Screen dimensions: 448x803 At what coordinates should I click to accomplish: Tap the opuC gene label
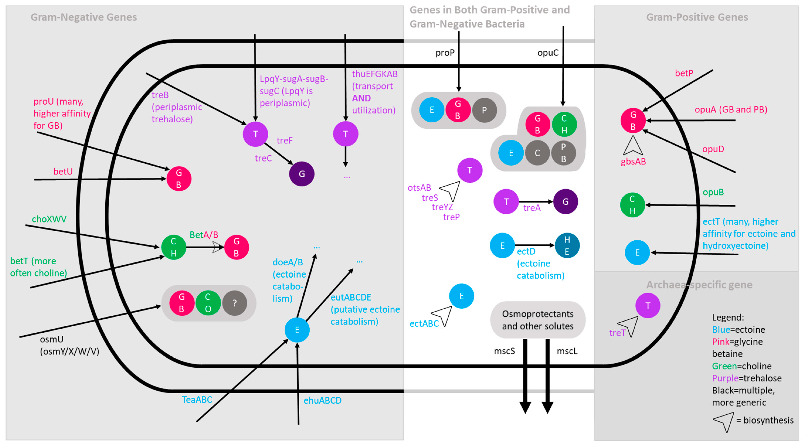[548, 53]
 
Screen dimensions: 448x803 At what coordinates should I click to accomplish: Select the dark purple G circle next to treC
[301, 174]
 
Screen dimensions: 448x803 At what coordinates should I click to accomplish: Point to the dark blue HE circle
[567, 245]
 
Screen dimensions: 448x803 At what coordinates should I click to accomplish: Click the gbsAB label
[633, 162]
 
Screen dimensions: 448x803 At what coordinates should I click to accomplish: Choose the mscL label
[567, 351]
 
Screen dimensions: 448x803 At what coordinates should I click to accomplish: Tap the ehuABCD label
[322, 400]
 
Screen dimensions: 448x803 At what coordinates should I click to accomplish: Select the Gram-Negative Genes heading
[84, 17]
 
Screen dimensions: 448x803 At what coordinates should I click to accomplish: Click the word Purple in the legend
[725, 378]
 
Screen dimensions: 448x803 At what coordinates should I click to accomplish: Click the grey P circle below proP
[484, 110]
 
